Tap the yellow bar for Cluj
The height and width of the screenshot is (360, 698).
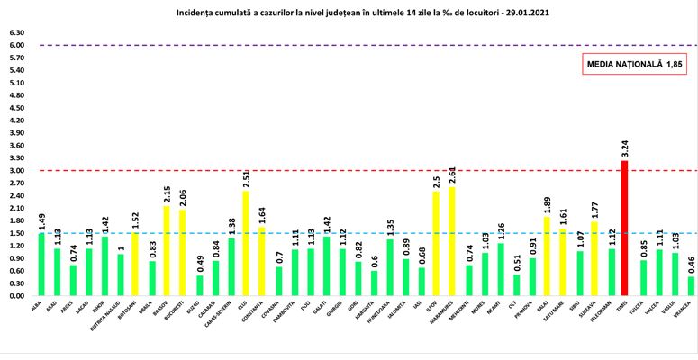pos(245,243)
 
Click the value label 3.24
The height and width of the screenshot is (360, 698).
pos(624,148)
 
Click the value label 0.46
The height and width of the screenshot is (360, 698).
pos(691,264)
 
